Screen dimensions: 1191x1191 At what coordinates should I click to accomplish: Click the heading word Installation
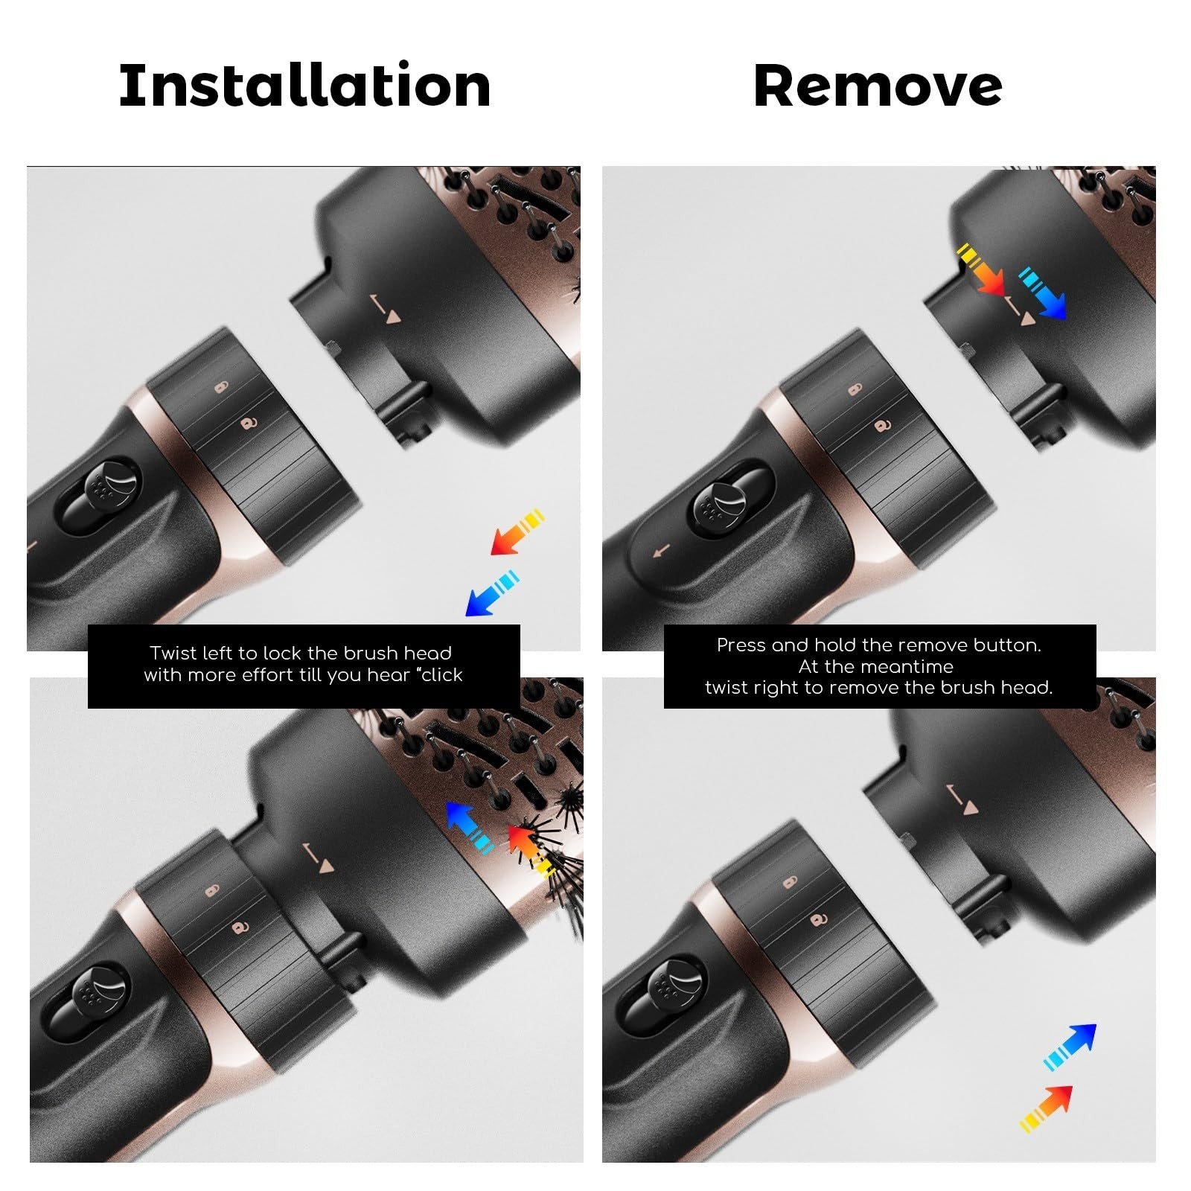coord(304,85)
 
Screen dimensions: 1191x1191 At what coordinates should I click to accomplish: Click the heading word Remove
coord(878,85)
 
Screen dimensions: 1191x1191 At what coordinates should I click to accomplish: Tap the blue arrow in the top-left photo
coord(492,593)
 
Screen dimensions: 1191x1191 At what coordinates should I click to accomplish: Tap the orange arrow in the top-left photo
coord(517,532)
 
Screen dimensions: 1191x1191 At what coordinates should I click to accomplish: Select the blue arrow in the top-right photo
coord(1042,293)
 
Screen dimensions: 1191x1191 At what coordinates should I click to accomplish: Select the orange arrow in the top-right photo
coord(981,269)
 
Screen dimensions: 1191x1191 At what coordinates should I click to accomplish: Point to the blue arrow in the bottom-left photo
coord(469,827)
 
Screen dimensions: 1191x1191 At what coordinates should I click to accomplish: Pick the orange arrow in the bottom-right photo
coord(1046,1109)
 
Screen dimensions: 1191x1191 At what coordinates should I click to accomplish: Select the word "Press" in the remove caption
coord(741,645)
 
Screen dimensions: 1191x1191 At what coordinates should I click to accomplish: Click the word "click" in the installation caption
coord(442,674)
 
